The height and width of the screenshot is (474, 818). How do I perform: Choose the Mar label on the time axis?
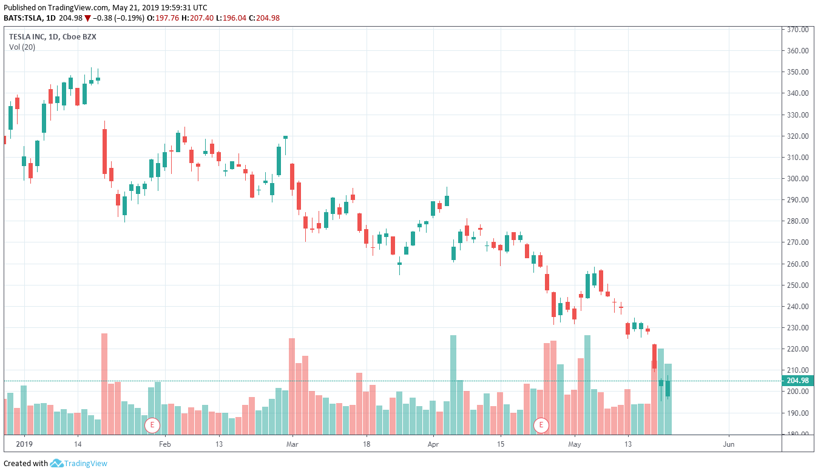292,444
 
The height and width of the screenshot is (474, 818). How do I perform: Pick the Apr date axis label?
433,444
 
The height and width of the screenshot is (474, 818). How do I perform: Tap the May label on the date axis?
575,444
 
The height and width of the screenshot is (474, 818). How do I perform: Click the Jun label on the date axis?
729,444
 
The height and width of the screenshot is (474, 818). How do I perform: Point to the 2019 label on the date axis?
24,444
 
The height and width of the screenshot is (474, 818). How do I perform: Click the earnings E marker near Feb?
152,426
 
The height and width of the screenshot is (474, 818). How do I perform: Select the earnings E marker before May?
541,426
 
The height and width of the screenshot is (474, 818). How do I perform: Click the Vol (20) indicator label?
22,47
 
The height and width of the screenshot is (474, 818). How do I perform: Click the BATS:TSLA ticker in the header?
24,18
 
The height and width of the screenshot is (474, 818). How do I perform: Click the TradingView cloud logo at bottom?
56,464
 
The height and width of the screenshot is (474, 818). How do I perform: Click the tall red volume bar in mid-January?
104,384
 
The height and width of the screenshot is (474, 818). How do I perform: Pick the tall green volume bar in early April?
453,385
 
